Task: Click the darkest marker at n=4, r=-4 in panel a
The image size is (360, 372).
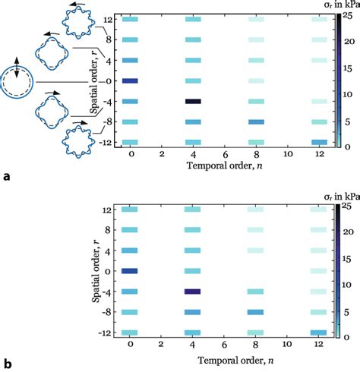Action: click(194, 101)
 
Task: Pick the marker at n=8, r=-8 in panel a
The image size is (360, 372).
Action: click(257, 121)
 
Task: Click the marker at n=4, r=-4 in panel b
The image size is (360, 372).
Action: click(194, 292)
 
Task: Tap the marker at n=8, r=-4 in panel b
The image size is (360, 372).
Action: click(257, 292)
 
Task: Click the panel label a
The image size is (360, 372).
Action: click(7, 177)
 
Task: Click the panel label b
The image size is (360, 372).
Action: click(7, 364)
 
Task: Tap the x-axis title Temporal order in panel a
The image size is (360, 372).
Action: click(226, 166)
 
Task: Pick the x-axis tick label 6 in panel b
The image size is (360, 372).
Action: click(226, 344)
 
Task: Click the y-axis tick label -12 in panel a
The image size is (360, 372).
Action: click(107, 142)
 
